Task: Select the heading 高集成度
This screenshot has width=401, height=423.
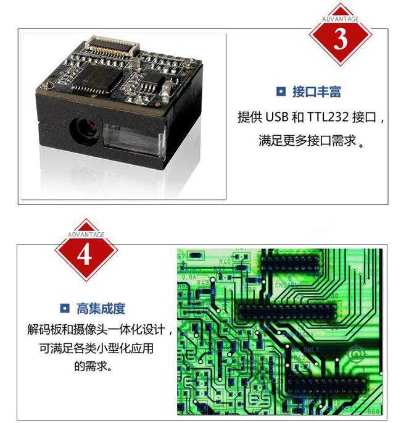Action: (101, 308)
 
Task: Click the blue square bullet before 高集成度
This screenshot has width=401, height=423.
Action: (64, 308)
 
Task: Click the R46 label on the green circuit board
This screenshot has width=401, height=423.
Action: (225, 262)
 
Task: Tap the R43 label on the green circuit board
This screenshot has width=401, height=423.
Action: (202, 282)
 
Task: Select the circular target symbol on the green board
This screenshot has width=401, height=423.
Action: (356, 354)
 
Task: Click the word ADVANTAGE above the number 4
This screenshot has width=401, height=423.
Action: (86, 234)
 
